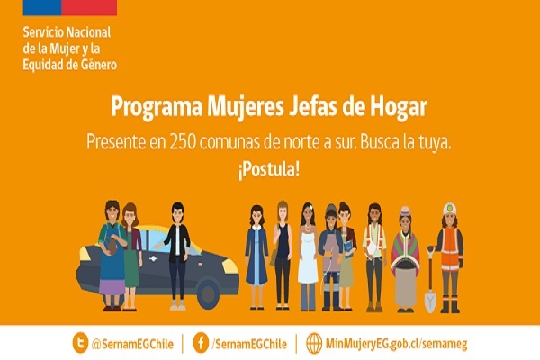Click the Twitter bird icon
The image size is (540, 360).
click(80, 342)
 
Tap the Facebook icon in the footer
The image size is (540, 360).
click(201, 342)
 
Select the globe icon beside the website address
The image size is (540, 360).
click(314, 343)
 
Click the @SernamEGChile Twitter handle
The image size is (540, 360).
click(132, 344)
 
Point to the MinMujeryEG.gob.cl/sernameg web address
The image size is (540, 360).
click(396, 344)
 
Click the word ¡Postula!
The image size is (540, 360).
click(268, 169)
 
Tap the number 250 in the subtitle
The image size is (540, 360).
click(182, 141)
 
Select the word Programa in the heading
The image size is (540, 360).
click(157, 107)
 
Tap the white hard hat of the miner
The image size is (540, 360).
click(449, 209)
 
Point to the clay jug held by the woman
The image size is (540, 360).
click(112, 246)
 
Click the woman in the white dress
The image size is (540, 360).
click(308, 256)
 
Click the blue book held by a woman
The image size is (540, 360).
click(348, 249)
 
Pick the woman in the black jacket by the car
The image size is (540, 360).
click(177, 256)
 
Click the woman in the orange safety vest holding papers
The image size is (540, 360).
click(374, 257)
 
